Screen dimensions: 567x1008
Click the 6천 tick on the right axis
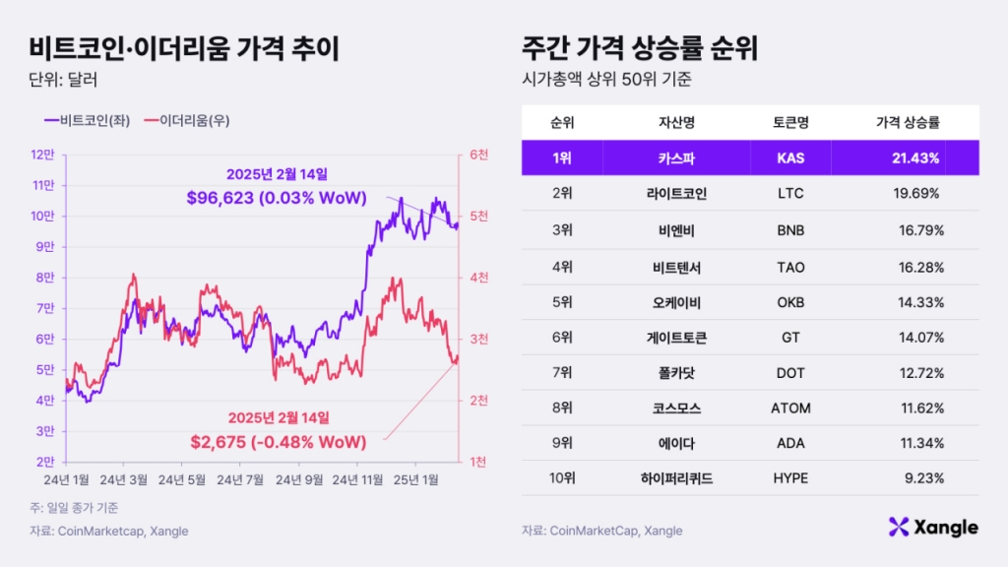(479, 155)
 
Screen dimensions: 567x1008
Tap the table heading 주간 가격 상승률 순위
(646, 46)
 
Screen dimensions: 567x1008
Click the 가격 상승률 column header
(907, 123)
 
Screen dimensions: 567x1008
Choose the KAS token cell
(790, 157)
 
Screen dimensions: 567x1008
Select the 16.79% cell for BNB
(918, 230)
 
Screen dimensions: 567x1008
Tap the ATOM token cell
(790, 408)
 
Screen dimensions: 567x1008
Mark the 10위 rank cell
(562, 478)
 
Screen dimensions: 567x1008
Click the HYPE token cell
(790, 478)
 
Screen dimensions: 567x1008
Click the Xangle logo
(932, 528)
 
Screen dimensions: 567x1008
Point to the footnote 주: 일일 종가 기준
(73, 508)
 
